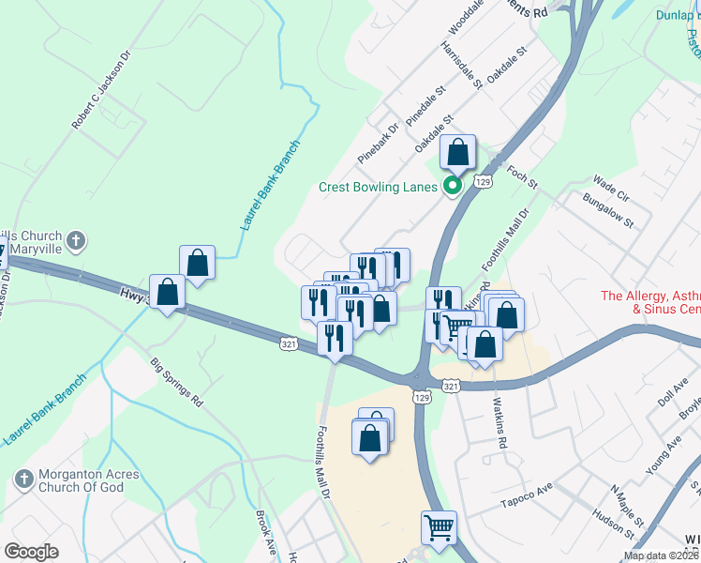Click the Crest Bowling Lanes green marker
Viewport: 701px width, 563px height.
pos(453,186)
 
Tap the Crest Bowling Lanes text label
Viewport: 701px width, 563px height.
pos(378,187)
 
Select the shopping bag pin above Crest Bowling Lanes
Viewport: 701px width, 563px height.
pos(457,152)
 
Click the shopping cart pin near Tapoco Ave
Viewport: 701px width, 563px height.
pos(439,527)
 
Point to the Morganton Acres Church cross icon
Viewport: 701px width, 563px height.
pos(24,479)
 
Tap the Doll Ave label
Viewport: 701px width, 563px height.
pos(666,393)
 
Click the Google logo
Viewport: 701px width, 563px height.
pos(31,551)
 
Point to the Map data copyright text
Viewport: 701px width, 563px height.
pos(662,555)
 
